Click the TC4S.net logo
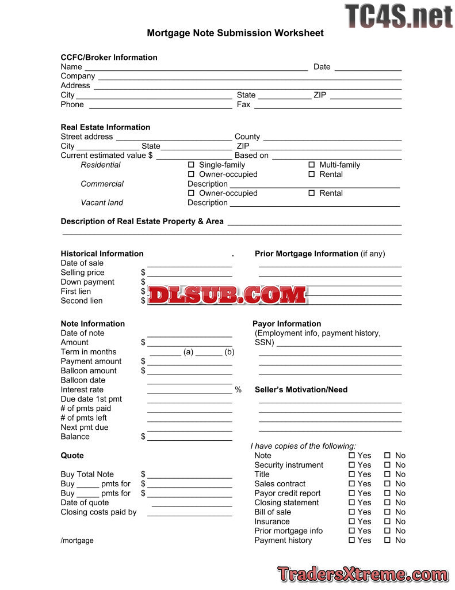399,16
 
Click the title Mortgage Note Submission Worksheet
235,33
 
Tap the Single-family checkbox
192,165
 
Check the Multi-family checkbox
312,165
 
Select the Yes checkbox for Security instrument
351,465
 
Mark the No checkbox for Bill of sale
387,512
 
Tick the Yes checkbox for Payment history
351,540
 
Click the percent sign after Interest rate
238,390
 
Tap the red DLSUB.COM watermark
227,295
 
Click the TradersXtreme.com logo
362,574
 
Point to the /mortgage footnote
77,540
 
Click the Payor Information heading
286,324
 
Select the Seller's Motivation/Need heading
301,390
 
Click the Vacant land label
101,203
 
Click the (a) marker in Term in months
188,352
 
